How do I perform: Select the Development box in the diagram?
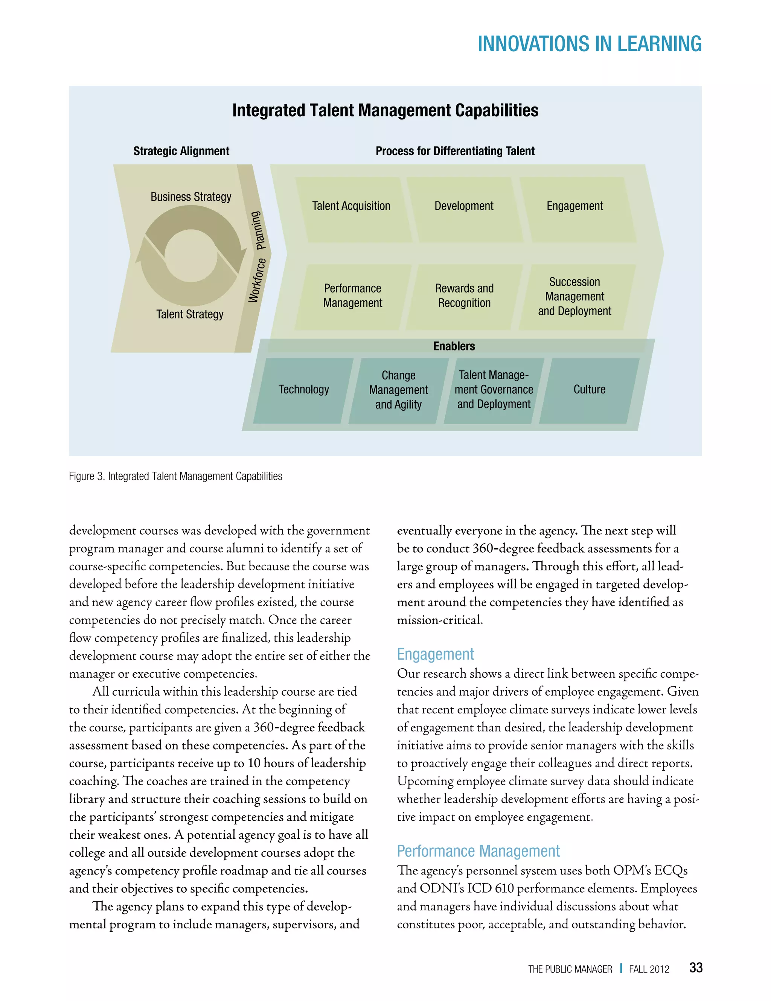click(x=464, y=209)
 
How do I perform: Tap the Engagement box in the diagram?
click(x=575, y=209)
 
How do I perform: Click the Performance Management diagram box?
click(x=352, y=296)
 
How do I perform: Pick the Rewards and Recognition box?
click(x=464, y=296)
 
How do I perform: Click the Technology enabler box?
click(x=303, y=390)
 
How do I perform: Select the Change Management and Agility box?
click(x=398, y=390)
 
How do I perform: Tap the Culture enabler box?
click(x=590, y=390)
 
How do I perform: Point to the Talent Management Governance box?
click(x=494, y=390)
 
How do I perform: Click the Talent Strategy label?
click(x=190, y=314)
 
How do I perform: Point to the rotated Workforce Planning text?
click(x=258, y=257)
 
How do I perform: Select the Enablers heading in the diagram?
click(x=454, y=346)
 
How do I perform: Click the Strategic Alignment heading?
click(x=181, y=151)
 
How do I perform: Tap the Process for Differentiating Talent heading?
click(x=455, y=151)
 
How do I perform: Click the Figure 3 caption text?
click(x=175, y=476)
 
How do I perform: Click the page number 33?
click(x=696, y=967)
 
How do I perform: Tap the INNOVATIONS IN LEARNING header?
click(x=589, y=44)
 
